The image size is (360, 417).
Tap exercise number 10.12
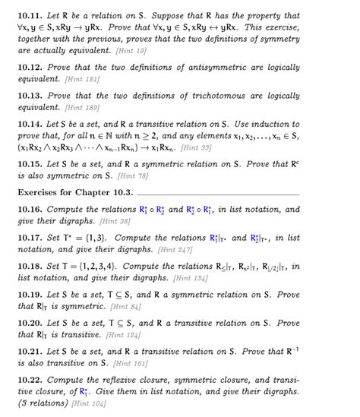(x=29, y=68)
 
